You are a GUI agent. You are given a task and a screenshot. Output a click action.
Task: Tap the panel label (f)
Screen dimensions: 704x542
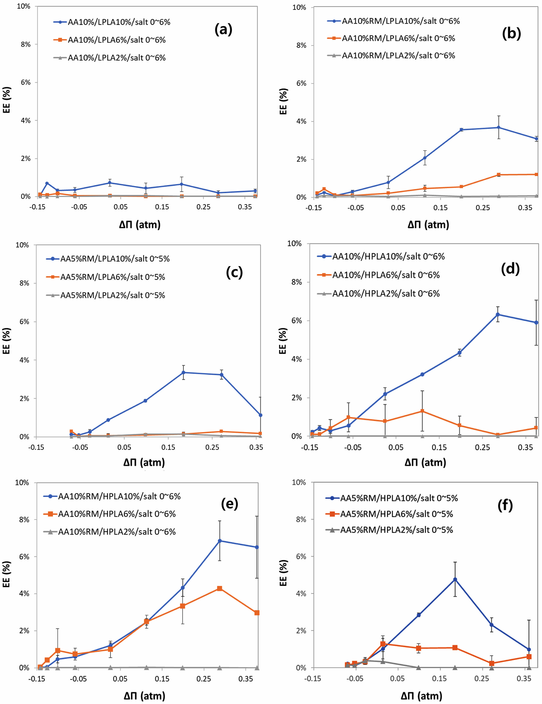click(505, 506)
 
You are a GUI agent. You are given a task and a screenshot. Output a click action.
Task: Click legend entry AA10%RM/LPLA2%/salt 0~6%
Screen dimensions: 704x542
click(398, 55)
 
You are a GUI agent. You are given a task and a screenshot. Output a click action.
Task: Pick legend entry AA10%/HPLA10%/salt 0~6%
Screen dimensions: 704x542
click(388, 257)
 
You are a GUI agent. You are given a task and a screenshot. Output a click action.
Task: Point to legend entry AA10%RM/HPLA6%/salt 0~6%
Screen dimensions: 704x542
click(117, 514)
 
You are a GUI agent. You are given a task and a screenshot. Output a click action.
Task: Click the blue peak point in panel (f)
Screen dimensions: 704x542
click(455, 579)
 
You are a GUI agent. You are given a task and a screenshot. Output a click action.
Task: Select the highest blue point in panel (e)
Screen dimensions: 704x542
click(220, 541)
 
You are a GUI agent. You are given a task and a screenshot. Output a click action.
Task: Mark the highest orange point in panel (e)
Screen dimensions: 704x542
click(220, 588)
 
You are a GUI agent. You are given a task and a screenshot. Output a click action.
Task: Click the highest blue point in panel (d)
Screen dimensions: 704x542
click(498, 314)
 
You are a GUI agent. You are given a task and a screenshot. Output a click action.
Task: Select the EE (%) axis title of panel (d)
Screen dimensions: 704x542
click(283, 341)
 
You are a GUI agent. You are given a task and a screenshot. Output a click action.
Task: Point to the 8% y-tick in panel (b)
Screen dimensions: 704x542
click(300, 45)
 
